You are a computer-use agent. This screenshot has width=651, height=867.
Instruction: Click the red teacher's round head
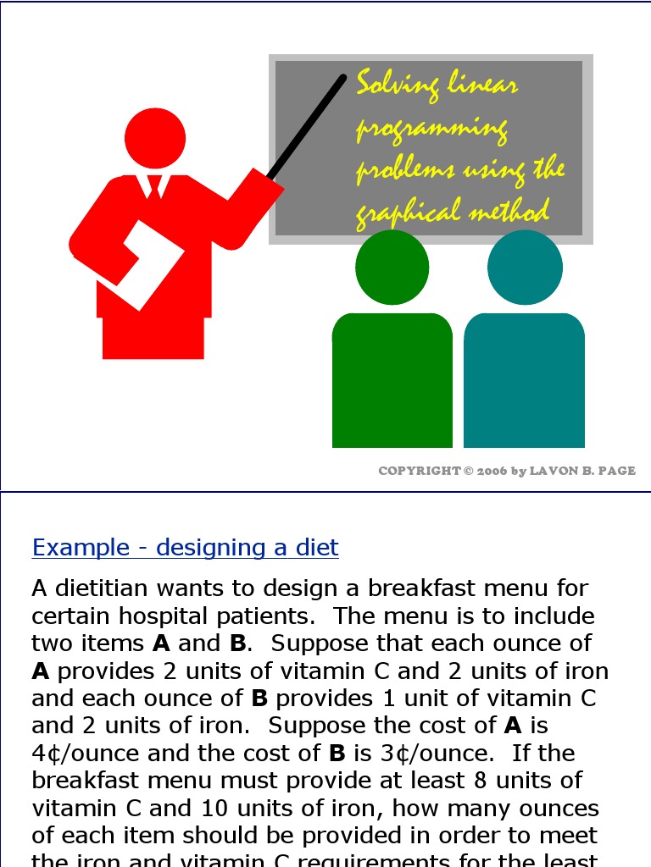click(155, 139)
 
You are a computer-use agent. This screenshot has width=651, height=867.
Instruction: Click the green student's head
click(392, 268)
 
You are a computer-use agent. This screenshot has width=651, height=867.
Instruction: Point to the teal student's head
click(525, 268)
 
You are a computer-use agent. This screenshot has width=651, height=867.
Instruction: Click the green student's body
click(392, 381)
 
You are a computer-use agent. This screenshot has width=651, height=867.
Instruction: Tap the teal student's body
click(525, 381)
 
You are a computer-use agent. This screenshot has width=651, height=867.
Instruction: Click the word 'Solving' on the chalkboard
click(398, 86)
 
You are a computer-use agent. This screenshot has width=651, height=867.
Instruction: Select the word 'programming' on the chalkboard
click(431, 130)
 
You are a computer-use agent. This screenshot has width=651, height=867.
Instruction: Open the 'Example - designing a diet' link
click(185, 548)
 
